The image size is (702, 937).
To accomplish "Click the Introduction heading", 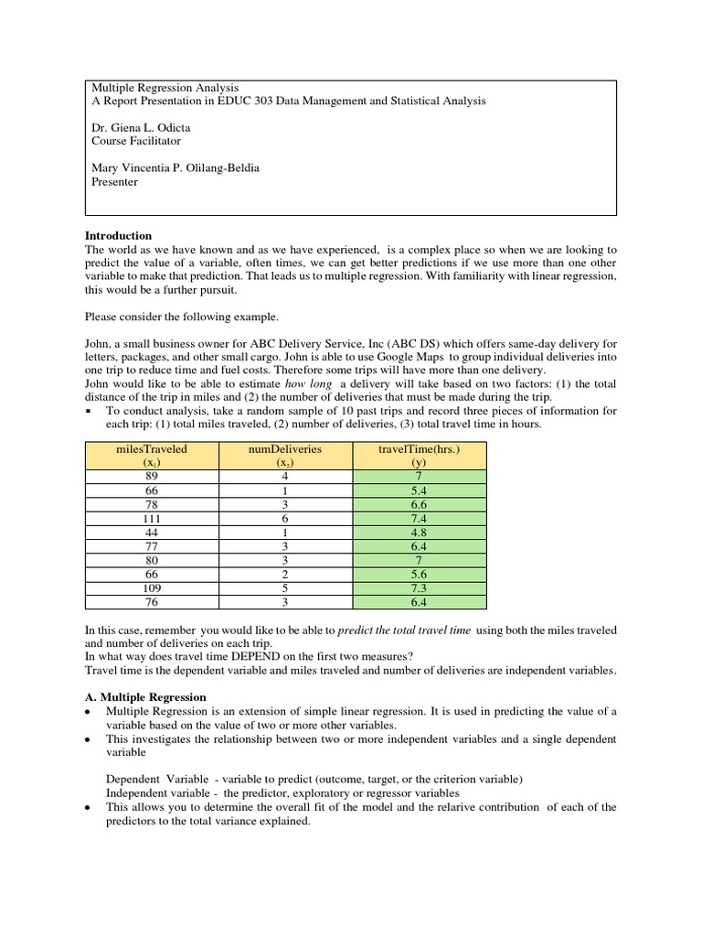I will (x=118, y=235).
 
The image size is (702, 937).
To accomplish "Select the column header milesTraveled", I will (x=151, y=450).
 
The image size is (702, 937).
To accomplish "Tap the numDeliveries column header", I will (x=285, y=450).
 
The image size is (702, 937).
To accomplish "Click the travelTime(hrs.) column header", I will (x=420, y=450).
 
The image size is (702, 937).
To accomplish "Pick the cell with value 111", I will (x=151, y=517).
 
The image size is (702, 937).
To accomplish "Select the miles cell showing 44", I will (x=151, y=531).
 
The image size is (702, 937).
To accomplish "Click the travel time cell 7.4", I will (x=420, y=517).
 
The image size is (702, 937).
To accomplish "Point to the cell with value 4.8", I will (x=420, y=531).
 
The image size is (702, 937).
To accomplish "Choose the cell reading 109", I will (x=151, y=588).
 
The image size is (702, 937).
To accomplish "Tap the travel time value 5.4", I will (x=420, y=490).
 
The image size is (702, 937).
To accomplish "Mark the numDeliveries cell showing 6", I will (x=285, y=517).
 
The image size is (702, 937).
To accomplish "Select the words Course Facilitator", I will (x=136, y=142).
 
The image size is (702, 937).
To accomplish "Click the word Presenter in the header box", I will (x=114, y=182).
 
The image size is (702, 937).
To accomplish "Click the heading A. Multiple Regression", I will (x=145, y=697).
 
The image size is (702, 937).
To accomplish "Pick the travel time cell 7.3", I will (x=420, y=588).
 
